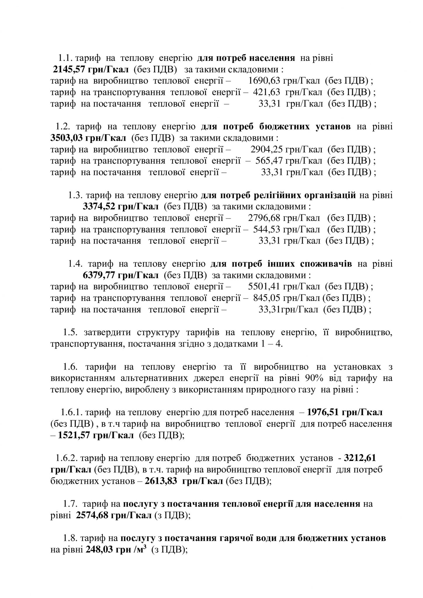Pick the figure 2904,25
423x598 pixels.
pos(265,150)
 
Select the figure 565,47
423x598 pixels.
pos(268,161)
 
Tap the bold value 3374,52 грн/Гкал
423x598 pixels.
pos(121,207)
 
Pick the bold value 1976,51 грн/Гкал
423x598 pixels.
pos(345,413)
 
